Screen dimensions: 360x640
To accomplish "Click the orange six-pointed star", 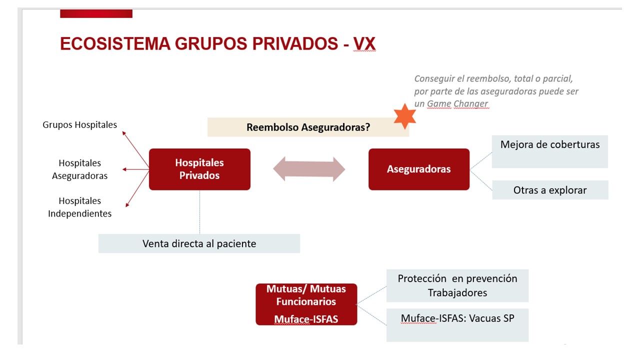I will coord(404,116).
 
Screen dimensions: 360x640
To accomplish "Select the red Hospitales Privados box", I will coord(199,169).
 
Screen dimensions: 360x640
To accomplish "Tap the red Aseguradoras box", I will coord(418,169).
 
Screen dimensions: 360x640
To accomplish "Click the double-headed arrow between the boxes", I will coord(309,169).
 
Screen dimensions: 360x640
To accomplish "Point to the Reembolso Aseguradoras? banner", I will coord(308,127).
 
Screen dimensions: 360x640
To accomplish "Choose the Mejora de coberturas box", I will coord(549,151).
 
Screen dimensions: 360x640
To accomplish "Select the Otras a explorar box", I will coord(549,190).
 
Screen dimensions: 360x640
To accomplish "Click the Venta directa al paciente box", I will coord(199,243).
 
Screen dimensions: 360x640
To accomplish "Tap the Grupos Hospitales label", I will coord(80,124).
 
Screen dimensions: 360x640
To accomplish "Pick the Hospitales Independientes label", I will coord(80,207).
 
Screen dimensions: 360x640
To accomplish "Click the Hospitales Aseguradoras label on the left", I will coord(80,169).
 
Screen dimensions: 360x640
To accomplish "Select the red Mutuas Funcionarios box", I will coord(306,303).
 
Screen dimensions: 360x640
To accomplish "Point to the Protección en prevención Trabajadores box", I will coord(457,285).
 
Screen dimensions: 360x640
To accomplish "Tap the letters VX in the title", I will coord(364,43).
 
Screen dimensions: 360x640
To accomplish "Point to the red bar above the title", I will coord(96,13).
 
